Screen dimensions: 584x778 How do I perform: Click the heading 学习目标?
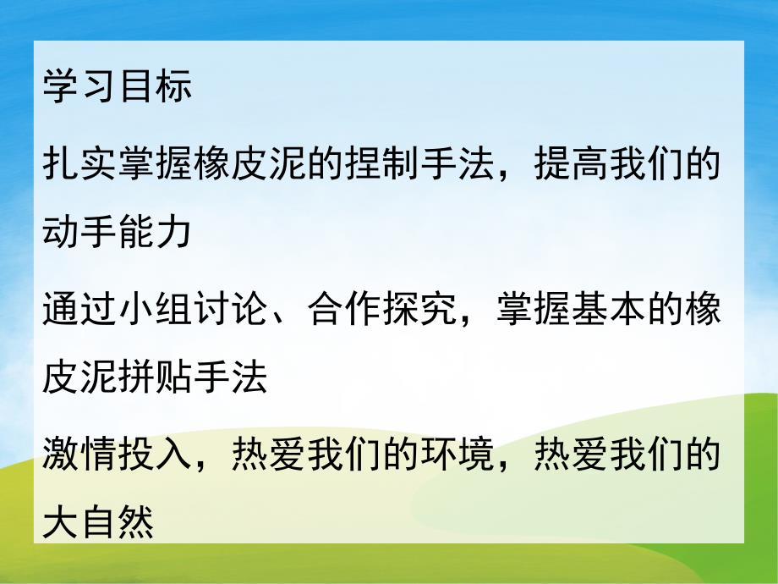pyautogui.click(x=118, y=87)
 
